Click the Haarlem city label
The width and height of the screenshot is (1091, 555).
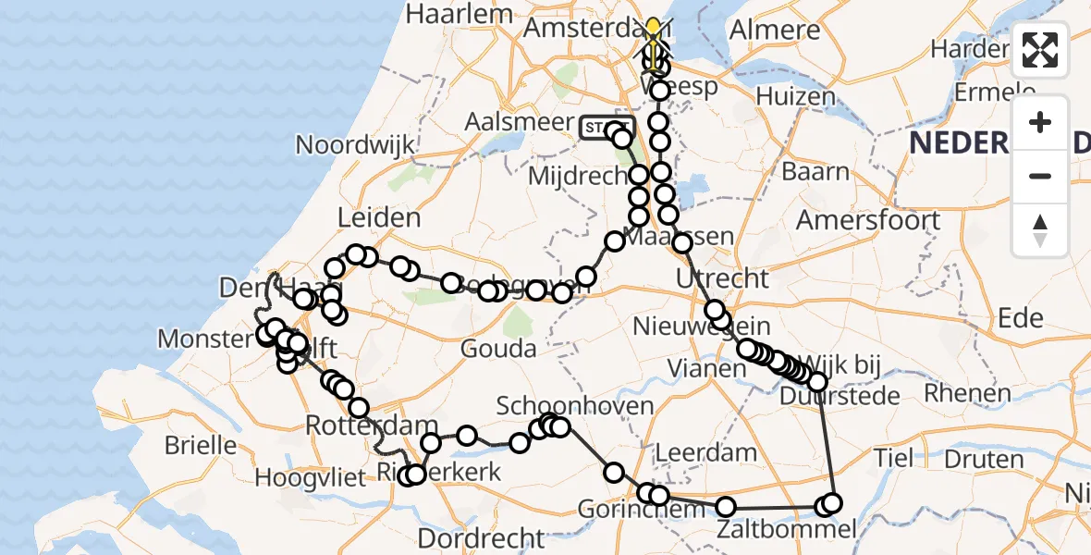click(x=459, y=15)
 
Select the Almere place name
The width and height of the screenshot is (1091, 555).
click(x=775, y=29)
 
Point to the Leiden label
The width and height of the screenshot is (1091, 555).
click(x=379, y=218)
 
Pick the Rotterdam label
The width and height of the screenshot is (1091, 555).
click(x=371, y=427)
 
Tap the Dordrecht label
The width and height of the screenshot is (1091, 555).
click(x=481, y=538)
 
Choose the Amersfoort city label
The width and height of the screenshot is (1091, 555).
click(x=868, y=220)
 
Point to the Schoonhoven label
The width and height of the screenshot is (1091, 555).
click(x=575, y=405)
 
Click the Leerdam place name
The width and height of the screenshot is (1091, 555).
click(x=705, y=454)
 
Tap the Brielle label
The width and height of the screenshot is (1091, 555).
click(x=201, y=445)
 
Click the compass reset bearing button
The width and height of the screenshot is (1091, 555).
click(x=1040, y=230)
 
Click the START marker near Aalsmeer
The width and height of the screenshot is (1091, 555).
click(x=607, y=128)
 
